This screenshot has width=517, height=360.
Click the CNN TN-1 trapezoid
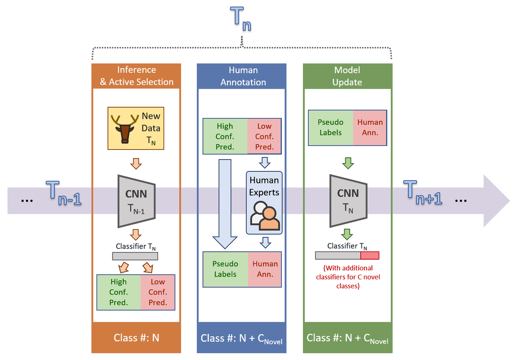tap(136, 201)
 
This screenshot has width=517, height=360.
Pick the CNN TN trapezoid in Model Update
tap(348, 201)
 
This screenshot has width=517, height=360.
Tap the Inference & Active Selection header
tap(137, 76)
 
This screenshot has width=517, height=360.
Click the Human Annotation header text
tap(243, 76)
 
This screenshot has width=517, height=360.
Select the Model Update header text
tap(347, 76)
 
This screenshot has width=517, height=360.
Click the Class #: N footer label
tap(136, 338)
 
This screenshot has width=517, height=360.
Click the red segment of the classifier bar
tap(369, 255)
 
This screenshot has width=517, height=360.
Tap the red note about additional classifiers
tap(348, 277)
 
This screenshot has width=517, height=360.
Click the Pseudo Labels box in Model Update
tap(330, 127)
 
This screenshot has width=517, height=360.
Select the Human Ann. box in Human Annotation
tap(265, 269)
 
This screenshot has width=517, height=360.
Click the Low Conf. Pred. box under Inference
tap(158, 292)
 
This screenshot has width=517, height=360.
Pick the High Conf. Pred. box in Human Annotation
tap(225, 136)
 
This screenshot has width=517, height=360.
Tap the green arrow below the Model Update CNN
tap(347, 234)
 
